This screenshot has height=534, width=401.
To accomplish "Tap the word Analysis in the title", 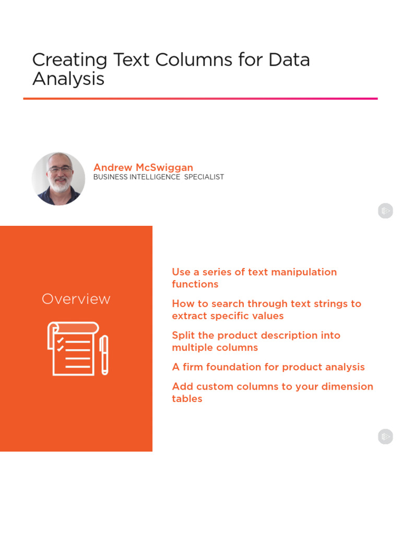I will click(68, 79).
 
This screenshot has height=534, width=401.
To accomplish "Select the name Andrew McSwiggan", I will click(143, 167).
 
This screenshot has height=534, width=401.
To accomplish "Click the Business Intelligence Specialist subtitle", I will click(158, 177).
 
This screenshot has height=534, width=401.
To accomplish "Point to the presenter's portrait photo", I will click(58, 179).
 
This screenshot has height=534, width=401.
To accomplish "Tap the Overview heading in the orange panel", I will click(76, 299).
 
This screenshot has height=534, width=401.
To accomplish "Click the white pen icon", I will click(104, 355).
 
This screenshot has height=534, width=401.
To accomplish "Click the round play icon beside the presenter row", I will click(385, 211).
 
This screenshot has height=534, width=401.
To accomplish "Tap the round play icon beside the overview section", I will click(385, 436).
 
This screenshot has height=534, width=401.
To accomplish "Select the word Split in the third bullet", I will click(183, 336).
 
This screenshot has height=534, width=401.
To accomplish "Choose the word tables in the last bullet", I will click(187, 399).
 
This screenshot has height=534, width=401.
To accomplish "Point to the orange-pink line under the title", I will click(200, 98).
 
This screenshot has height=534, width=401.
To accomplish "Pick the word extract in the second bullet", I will click(190, 316).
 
